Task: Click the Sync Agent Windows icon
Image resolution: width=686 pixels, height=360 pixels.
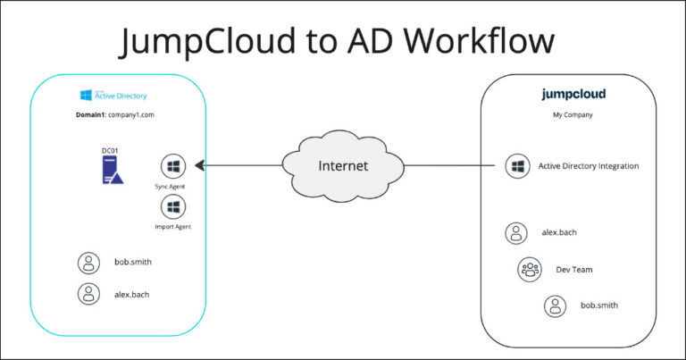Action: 172,166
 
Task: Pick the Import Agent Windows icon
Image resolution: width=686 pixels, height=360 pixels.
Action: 172,207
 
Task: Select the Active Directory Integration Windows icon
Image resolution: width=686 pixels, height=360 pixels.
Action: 516,166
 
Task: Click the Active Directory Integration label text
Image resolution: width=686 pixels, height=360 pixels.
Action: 588,166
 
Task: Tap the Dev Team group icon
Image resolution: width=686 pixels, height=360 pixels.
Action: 529,269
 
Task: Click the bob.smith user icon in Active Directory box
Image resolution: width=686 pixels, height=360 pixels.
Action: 88,263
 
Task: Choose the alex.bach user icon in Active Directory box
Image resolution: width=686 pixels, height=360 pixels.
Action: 88,293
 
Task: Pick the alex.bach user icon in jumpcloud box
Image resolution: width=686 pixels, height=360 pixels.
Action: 516,233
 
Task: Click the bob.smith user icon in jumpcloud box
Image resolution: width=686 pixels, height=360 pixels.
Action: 556,306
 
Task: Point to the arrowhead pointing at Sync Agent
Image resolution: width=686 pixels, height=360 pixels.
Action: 200,165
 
